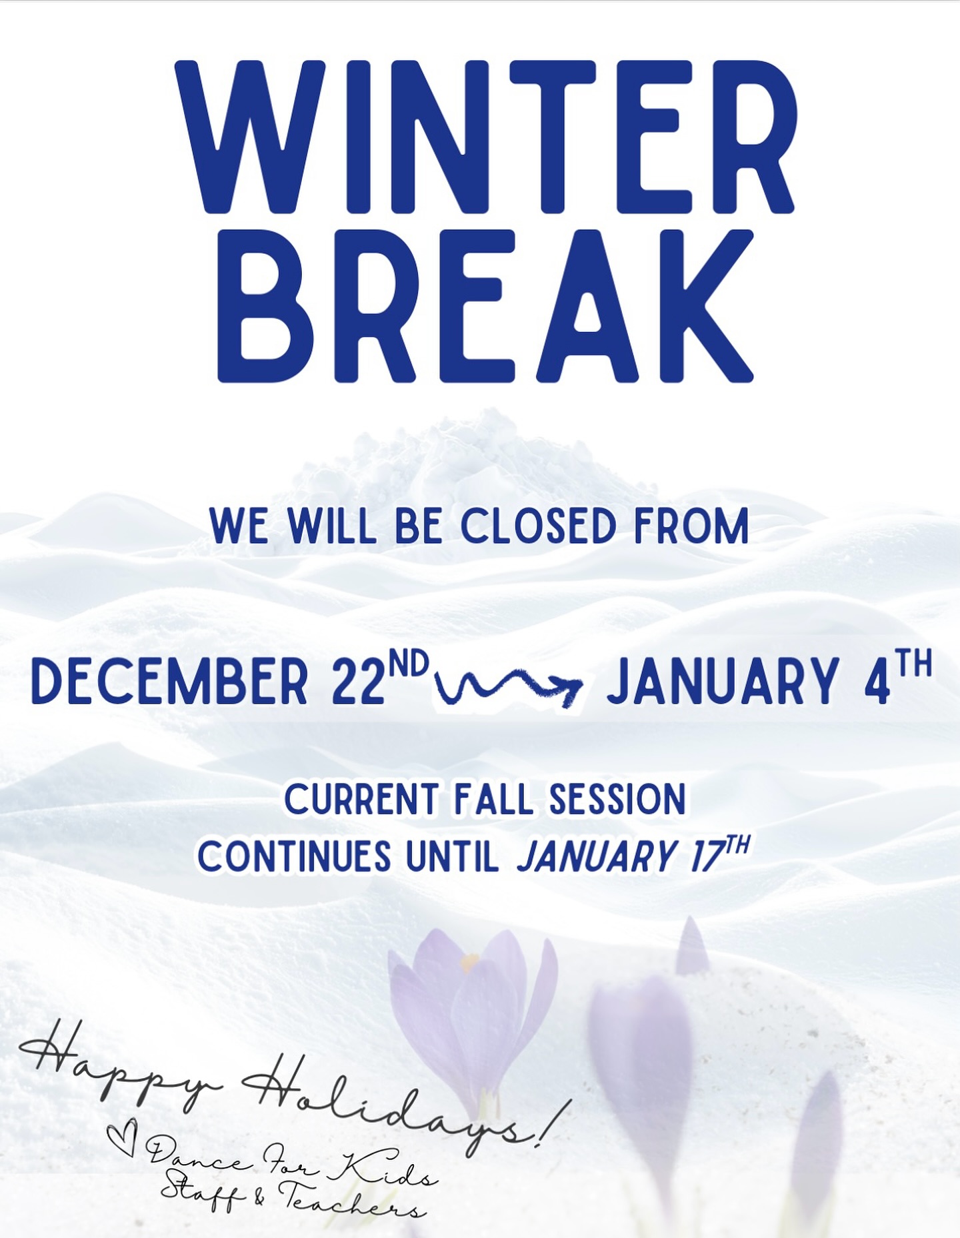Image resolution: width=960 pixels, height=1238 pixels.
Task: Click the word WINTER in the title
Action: tap(485, 138)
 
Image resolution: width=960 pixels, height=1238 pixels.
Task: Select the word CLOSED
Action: tap(538, 527)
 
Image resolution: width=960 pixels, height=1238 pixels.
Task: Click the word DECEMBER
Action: tap(170, 681)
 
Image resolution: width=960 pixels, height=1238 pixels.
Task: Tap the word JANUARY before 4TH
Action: tap(723, 681)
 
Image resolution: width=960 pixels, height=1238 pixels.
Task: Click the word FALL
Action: tap(494, 800)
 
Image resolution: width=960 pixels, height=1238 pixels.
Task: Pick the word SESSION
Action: tap(617, 800)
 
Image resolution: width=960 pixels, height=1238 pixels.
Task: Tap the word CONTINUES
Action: tap(294, 856)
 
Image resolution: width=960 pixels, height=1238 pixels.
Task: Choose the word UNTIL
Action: tap(453, 856)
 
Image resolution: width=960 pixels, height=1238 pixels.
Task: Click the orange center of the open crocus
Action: tap(469, 961)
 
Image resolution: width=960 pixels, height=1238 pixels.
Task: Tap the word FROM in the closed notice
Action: tap(691, 527)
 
